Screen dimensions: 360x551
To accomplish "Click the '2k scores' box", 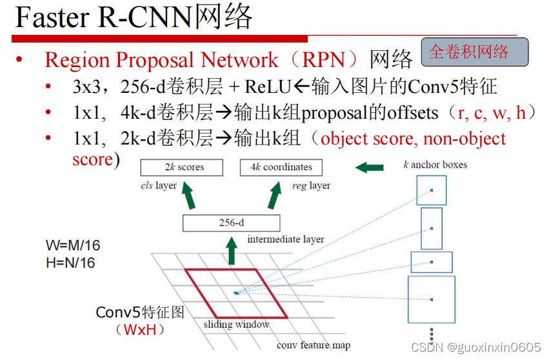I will (x=181, y=167).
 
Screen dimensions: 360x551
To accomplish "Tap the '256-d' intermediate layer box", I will (x=232, y=223).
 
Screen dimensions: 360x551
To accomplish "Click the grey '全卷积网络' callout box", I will (x=474, y=52).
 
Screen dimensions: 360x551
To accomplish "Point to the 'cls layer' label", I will (x=159, y=186).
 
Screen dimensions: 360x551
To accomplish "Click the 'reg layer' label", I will (x=312, y=186).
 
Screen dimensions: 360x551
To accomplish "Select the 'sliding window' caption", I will (x=236, y=325).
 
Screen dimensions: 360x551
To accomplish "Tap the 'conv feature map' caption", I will (x=314, y=345).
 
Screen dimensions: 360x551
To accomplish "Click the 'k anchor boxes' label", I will (x=436, y=165).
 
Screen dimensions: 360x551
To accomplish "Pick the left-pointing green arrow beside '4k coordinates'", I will (x=370, y=168).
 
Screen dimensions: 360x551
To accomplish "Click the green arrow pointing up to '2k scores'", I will (x=187, y=196).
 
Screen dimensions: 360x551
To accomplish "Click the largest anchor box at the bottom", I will (x=431, y=299).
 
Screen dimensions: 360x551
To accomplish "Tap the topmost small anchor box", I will (x=432, y=190).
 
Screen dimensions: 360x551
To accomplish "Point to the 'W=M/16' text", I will (x=73, y=246).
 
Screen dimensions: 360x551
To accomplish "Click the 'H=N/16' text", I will (x=70, y=263).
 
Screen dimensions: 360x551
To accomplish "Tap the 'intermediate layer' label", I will (x=286, y=239).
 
